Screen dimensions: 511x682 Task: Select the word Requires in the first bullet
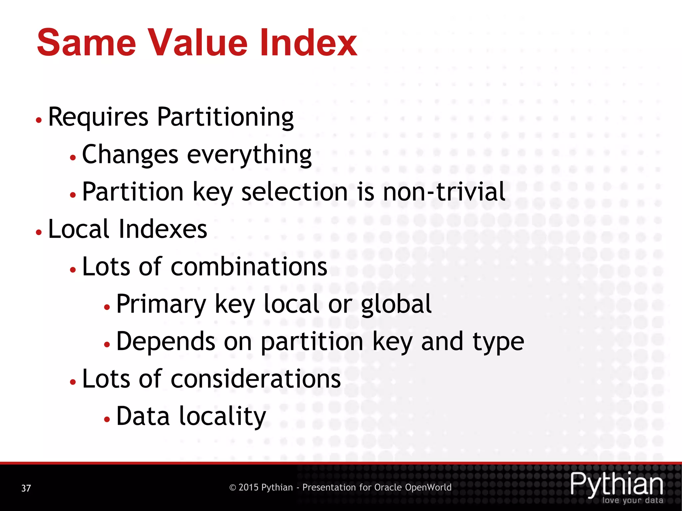click(98, 117)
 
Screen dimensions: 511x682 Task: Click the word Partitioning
click(225, 117)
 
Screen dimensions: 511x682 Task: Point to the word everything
click(249, 155)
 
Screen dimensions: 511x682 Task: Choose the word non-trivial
click(444, 192)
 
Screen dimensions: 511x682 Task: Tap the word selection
click(295, 192)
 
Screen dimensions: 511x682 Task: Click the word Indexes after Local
click(163, 230)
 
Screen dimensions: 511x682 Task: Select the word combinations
click(249, 267)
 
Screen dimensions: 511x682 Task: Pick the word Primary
click(161, 304)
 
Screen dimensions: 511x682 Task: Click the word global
click(396, 304)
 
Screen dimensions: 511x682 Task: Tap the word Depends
click(166, 342)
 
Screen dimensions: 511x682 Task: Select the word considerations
click(256, 379)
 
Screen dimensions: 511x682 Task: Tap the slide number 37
click(26, 488)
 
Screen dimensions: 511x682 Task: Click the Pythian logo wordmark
click(616, 484)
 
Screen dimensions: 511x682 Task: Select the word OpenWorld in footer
click(428, 488)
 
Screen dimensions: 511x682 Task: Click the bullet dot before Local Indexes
click(39, 232)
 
